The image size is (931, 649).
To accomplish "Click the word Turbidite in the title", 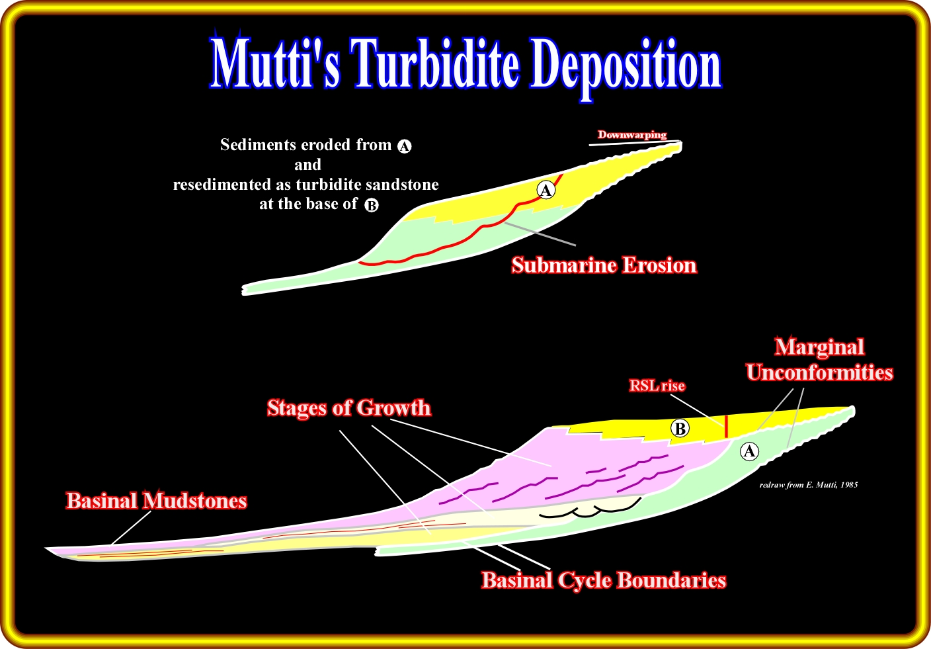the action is (436, 63).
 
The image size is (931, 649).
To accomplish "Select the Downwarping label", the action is (631, 135).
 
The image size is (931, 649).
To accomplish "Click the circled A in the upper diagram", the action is (546, 190).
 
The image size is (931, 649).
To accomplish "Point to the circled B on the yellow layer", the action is (680, 428).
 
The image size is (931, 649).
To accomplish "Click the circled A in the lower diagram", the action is (749, 451).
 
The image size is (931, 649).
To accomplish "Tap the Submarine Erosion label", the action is (604, 265).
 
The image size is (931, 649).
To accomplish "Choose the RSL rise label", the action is (657, 386).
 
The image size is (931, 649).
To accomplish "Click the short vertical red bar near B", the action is (726, 426).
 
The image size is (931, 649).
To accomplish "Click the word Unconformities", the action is (820, 372).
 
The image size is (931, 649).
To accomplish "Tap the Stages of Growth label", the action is (348, 408).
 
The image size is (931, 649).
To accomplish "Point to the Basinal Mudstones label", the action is (157, 501).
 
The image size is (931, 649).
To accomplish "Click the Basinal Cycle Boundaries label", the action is (604, 580).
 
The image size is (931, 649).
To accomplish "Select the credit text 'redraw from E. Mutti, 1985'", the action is (809, 485).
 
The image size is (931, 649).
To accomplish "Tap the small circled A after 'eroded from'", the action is (405, 146).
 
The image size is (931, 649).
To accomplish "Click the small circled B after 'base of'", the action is (372, 205).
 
